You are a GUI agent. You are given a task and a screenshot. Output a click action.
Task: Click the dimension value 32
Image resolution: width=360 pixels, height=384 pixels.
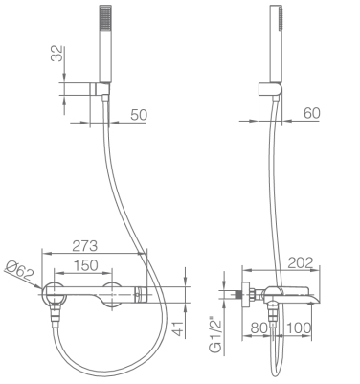[x=56, y=53]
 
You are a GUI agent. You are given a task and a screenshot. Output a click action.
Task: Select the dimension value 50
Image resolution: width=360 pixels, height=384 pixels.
[x=139, y=115]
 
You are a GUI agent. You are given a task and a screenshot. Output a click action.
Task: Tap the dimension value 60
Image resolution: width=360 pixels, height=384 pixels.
[x=311, y=113]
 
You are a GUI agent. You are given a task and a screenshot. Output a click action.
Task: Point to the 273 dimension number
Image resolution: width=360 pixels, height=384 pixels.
[x=84, y=246]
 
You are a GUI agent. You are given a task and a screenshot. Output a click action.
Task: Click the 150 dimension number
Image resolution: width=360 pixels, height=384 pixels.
[x=85, y=265]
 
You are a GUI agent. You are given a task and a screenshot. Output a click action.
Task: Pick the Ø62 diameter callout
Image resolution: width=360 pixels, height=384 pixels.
[x=20, y=271]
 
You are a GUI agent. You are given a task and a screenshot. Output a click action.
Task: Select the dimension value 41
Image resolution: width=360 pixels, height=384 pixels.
[x=179, y=328]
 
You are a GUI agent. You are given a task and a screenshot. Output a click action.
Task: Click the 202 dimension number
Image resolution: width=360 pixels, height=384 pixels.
[x=301, y=262]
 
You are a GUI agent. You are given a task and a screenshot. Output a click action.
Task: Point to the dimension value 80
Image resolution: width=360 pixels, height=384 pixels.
[x=259, y=328]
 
